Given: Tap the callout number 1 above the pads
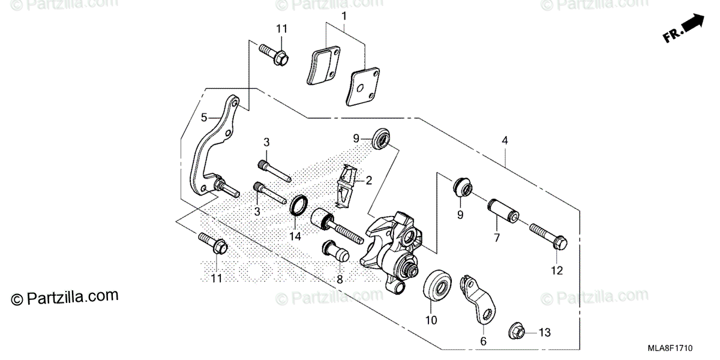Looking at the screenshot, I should pyautogui.click(x=344, y=13).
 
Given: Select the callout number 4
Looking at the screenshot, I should pyautogui.click(x=505, y=140).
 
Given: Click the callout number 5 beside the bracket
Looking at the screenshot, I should pyautogui.click(x=204, y=117).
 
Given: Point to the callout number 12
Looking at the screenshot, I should pyautogui.click(x=556, y=271).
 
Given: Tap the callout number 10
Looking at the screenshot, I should pyautogui.click(x=431, y=320).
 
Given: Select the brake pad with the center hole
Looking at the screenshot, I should pyautogui.click(x=359, y=87).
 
